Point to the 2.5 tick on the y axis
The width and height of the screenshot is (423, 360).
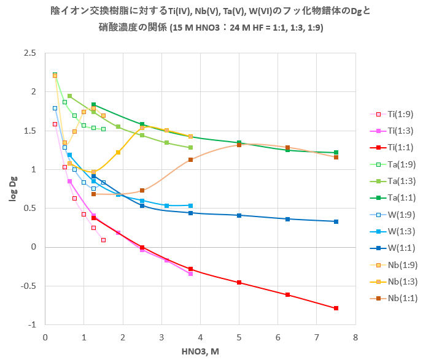(30, 53)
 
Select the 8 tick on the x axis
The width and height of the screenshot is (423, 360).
(355, 337)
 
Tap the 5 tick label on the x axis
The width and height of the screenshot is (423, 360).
(239, 337)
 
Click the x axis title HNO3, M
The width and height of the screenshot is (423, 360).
(200, 351)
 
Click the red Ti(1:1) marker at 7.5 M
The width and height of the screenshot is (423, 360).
(336, 308)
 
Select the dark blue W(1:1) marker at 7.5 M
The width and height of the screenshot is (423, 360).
(336, 221)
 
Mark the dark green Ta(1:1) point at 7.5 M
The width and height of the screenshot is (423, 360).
(336, 153)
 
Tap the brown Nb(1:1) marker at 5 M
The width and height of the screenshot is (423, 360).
(239, 145)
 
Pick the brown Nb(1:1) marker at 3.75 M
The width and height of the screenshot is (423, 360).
(190, 159)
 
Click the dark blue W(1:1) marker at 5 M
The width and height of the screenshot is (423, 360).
(239, 215)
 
